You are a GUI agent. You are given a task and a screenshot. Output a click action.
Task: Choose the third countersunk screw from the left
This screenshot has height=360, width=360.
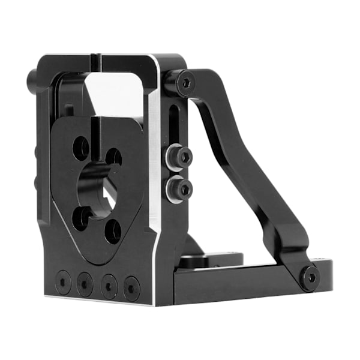(x=109, y=286)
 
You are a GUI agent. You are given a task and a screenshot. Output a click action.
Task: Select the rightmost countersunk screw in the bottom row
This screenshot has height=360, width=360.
(x=131, y=288)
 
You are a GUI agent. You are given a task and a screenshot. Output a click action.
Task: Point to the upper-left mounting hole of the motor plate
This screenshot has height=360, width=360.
(x=81, y=146)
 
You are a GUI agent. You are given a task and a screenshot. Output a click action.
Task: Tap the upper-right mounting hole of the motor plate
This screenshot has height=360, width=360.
(x=113, y=157)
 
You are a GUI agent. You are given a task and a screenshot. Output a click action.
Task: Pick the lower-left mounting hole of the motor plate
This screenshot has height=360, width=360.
(x=82, y=218)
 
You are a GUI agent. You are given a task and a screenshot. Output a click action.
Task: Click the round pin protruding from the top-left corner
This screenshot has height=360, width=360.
(x=32, y=79)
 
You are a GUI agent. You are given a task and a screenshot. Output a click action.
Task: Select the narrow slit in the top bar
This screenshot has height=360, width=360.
(x=97, y=62)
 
